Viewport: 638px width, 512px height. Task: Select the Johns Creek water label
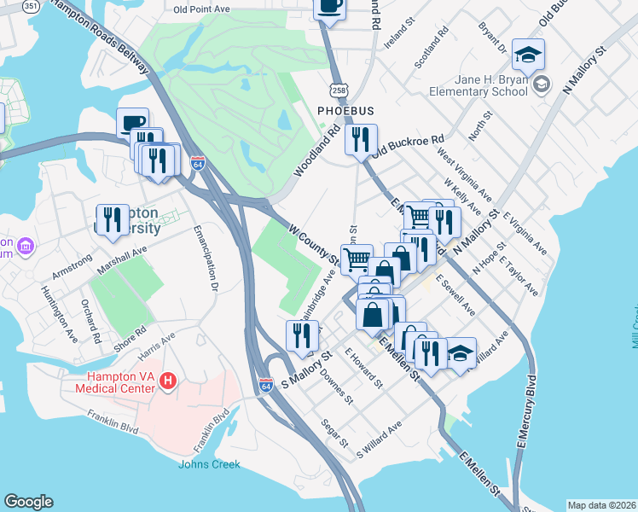pos(209,465)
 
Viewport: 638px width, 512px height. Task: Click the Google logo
pos(28,502)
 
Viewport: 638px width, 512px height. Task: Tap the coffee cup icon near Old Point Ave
pos(329,7)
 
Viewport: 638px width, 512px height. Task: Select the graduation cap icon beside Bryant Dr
pos(528,55)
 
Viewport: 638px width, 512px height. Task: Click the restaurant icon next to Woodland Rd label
pos(362,138)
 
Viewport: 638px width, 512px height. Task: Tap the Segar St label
pos(333,433)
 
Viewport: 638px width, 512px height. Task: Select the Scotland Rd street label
pos(431,51)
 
